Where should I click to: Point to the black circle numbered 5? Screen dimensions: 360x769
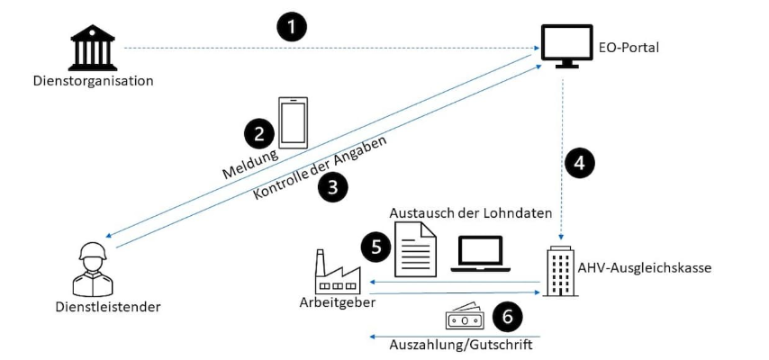point(375,244)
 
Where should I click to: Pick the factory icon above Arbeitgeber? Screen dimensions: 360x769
point(333,272)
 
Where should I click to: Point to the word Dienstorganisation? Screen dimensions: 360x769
point(90,81)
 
